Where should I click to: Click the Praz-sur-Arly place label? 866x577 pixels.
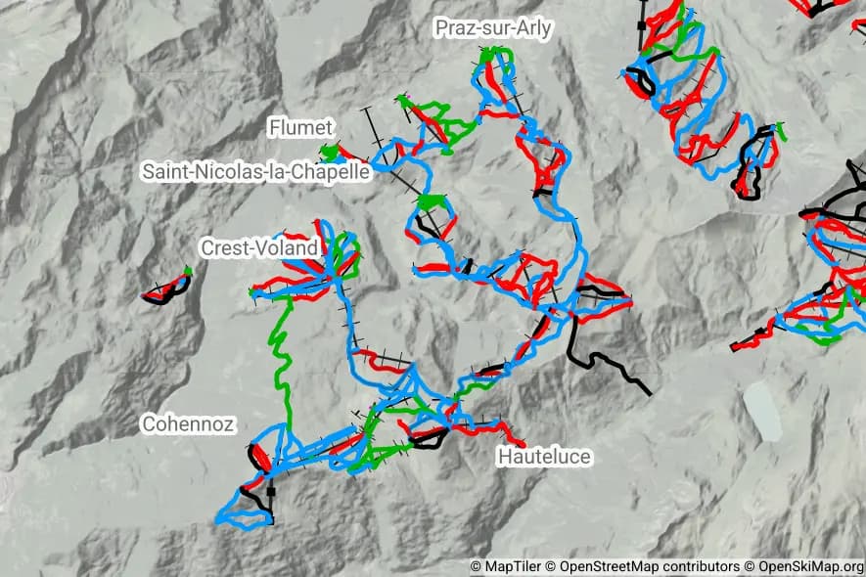click(x=492, y=29)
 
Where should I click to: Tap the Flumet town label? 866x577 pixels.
click(x=300, y=128)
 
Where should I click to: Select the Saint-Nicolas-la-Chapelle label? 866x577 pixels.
click(x=255, y=171)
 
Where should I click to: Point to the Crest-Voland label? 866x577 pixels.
click(x=259, y=247)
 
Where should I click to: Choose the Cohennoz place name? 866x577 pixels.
click(x=188, y=424)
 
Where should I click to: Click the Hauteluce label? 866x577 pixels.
click(x=544, y=457)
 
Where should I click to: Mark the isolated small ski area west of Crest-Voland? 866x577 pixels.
click(x=166, y=288)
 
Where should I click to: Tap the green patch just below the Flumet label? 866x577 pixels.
click(x=331, y=153)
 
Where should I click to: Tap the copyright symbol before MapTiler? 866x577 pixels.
click(x=476, y=566)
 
